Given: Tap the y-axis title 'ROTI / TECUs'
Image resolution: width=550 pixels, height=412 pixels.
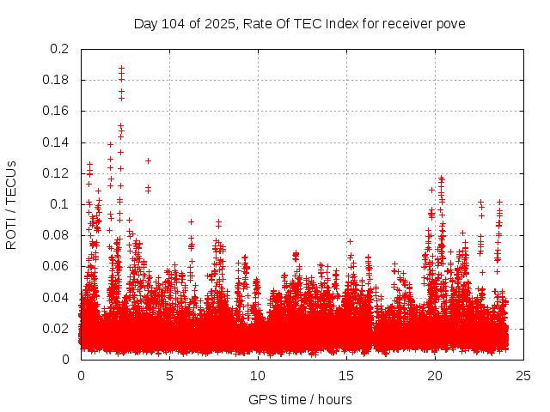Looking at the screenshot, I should pos(11,204).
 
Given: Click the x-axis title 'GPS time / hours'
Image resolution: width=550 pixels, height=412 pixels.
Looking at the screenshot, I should pos(300,399).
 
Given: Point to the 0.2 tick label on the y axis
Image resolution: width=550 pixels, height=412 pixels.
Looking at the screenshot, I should pos(62,49).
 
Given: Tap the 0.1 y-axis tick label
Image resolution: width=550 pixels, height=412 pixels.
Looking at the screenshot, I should pos(62,204).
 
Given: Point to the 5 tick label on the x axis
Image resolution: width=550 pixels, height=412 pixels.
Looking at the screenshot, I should pos(169,374).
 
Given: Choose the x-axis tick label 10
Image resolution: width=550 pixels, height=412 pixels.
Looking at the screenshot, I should pos(258,374).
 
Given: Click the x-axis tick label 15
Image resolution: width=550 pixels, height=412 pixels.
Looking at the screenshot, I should pos(346,374).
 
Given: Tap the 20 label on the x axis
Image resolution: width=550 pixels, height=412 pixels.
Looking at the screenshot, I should pos(435,374).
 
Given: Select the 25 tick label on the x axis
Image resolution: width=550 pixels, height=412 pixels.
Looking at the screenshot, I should pos(523,374).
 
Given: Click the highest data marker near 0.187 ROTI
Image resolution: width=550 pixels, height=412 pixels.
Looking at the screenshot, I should pos(121,68).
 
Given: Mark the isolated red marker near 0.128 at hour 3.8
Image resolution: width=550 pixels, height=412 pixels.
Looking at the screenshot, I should pos(148,161).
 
